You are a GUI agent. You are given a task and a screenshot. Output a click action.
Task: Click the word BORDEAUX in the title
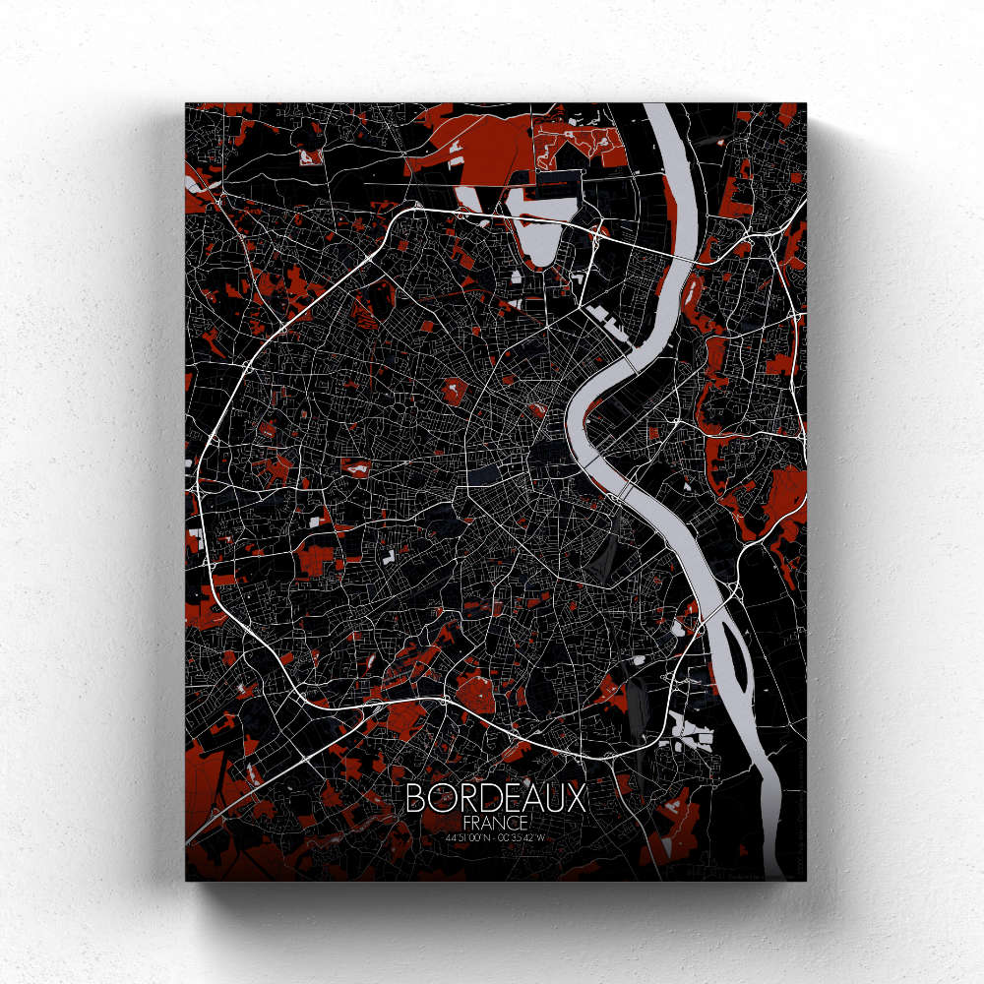point(495,797)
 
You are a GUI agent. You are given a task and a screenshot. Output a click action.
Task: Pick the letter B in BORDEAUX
point(415,797)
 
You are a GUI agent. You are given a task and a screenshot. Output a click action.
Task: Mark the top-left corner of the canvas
point(186,103)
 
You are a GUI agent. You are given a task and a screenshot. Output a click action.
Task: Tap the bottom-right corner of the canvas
point(805,879)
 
